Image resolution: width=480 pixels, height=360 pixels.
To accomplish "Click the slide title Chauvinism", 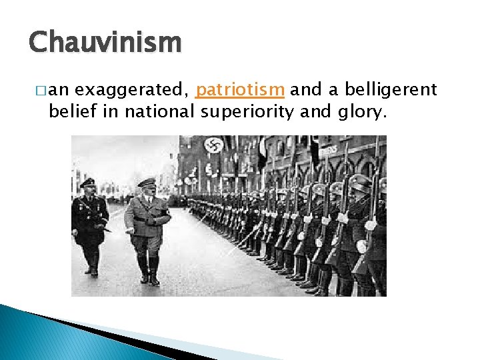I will click(105, 43).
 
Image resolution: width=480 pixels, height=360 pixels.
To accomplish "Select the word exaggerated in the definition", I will click(134, 89).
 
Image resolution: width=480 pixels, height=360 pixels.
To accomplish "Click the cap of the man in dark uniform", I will click(87, 182).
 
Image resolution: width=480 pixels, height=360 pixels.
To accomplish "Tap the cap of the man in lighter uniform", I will click(146, 182).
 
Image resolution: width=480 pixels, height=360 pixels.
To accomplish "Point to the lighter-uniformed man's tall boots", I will click(147, 267).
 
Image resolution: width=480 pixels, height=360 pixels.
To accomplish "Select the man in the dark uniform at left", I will click(89, 223).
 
